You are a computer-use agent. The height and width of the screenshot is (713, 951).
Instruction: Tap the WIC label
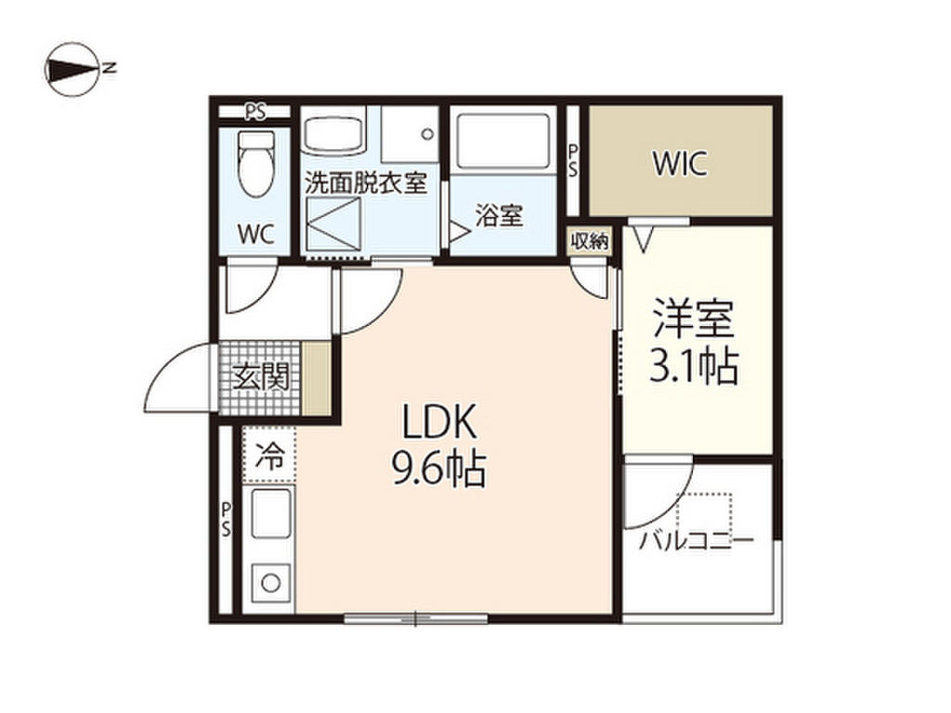pyautogui.click(x=679, y=163)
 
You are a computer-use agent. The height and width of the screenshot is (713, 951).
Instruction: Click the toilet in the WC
pyautogui.click(x=256, y=163)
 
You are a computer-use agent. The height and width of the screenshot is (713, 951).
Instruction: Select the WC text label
pyautogui.click(x=256, y=234)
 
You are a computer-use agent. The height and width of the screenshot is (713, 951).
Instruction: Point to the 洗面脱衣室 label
pyautogui.click(x=366, y=183)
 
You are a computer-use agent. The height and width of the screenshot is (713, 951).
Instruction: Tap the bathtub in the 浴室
pyautogui.click(x=503, y=141)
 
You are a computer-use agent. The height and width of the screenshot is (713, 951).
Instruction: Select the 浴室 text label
pyautogui.click(x=499, y=215)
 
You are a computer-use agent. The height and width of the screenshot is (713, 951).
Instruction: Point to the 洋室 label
pyautogui.click(x=694, y=319)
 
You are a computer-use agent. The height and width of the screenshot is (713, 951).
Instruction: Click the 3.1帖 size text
pyautogui.click(x=694, y=366)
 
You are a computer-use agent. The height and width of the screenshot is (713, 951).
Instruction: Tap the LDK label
pyautogui.click(x=440, y=422)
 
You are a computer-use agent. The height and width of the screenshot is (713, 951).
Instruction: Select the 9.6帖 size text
pyautogui.click(x=439, y=469)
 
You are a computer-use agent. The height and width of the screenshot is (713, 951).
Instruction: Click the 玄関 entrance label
pyautogui.click(x=260, y=378)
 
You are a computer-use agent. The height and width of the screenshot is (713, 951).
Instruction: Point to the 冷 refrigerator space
pyautogui.click(x=268, y=456)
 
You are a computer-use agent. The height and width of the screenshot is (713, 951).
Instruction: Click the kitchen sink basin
pyautogui.click(x=270, y=512)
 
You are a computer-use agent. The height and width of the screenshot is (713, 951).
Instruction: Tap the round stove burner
pyautogui.click(x=270, y=583)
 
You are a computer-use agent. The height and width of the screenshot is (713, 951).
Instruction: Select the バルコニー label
pyautogui.click(x=697, y=539)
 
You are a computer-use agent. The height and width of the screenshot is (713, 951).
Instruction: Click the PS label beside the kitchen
pyautogui.click(x=226, y=518)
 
